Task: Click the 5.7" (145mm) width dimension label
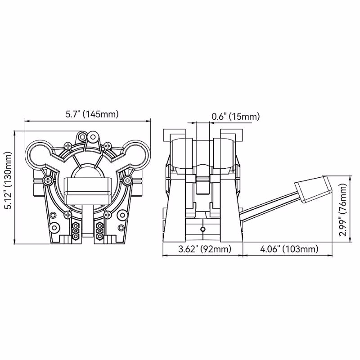point(92,114)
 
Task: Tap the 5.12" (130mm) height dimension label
point(9,180)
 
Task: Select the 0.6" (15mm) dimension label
point(235,117)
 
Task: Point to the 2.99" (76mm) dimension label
point(343,210)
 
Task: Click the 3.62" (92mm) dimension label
point(205,249)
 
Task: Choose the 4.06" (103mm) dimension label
point(289,249)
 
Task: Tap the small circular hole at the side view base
point(202,229)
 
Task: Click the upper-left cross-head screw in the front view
point(67,146)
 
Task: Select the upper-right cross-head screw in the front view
point(107,145)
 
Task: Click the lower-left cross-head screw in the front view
point(68,215)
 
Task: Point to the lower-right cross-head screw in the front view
point(107,215)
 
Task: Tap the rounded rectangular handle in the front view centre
point(87,190)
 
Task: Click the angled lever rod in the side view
point(269,207)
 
